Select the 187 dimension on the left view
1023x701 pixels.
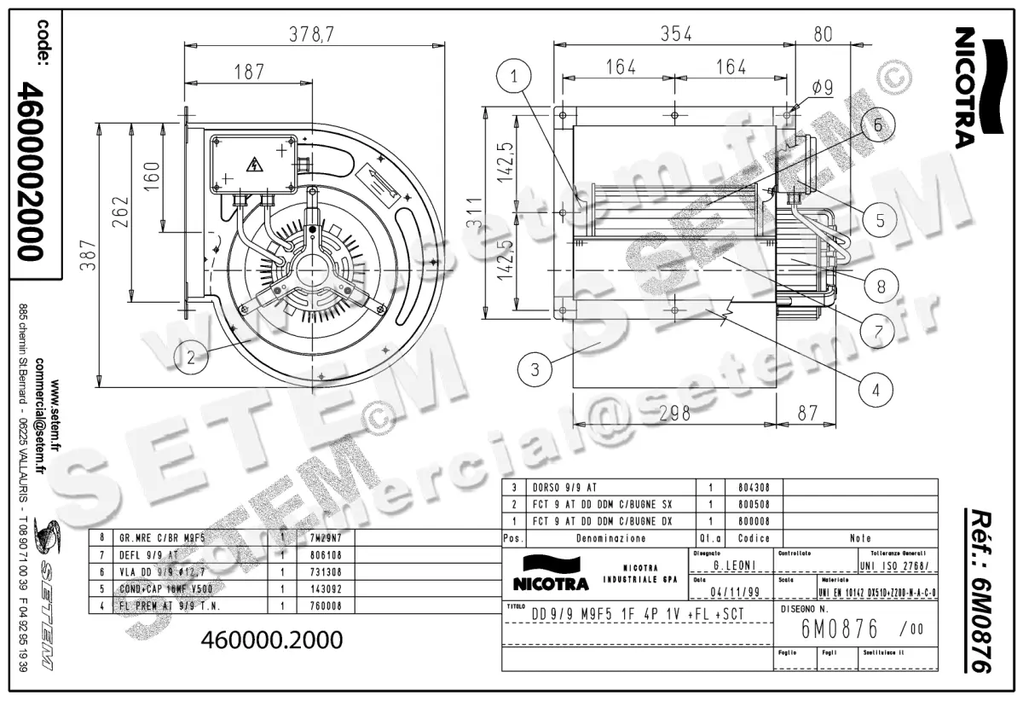point(249,72)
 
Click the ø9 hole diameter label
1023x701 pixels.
point(822,87)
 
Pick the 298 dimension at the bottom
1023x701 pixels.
point(674,414)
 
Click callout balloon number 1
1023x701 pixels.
point(515,77)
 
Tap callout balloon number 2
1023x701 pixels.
point(192,356)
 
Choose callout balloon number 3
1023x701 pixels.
point(535,369)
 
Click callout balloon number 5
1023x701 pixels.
point(880,219)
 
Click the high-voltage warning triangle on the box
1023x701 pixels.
point(253,165)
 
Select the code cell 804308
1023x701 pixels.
point(753,488)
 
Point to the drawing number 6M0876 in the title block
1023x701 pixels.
point(839,630)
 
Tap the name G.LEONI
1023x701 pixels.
point(731,565)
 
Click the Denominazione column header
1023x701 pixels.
point(610,538)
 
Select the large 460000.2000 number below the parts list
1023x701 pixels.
point(271,639)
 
